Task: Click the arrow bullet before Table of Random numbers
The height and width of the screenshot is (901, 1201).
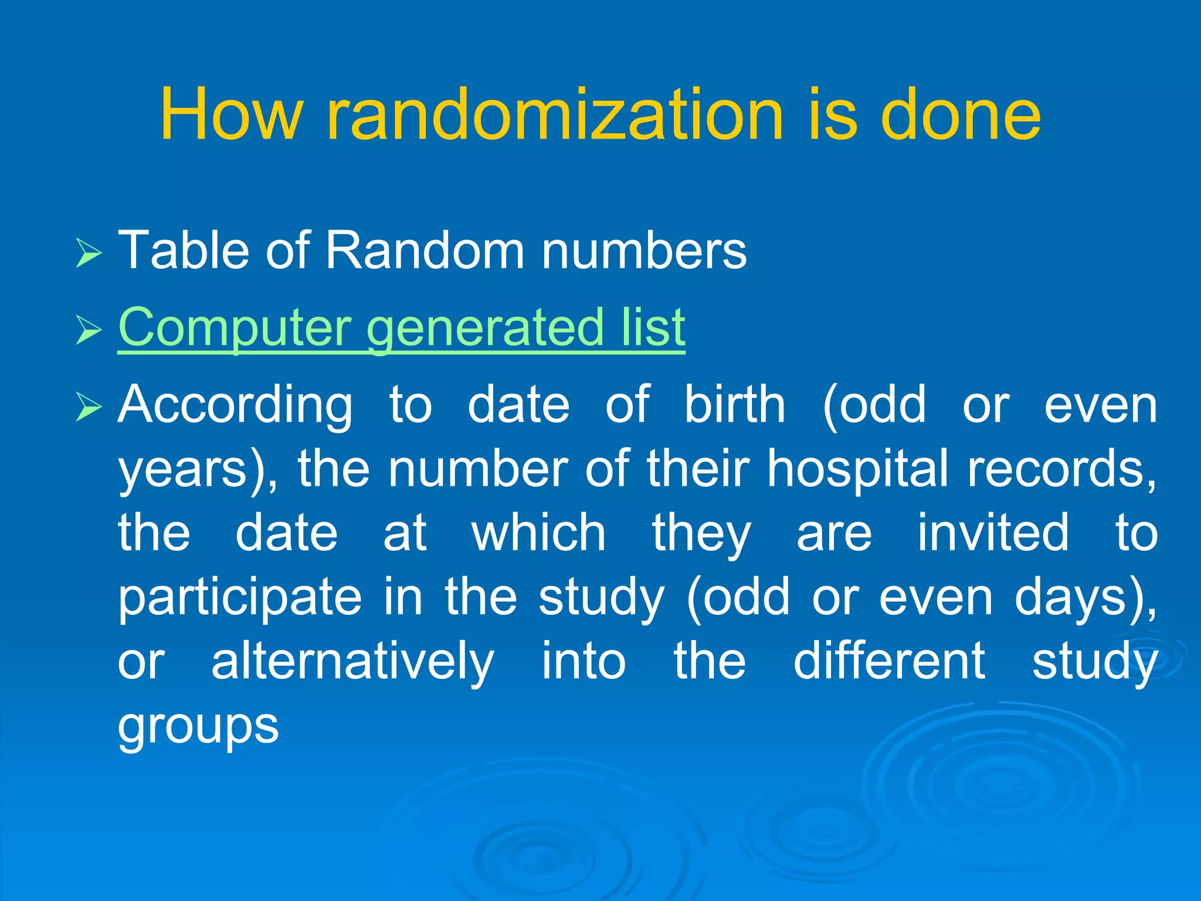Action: point(89,254)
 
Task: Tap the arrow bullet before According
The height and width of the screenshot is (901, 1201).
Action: point(89,407)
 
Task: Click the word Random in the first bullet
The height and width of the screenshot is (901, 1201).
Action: point(425,251)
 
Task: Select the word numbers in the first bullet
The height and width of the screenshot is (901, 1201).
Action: point(644,251)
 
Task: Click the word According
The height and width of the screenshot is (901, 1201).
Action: point(235,406)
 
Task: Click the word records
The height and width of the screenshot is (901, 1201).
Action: point(1062,469)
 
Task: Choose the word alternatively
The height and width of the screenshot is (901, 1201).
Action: point(352,662)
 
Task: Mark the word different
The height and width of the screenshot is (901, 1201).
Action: point(889,660)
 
